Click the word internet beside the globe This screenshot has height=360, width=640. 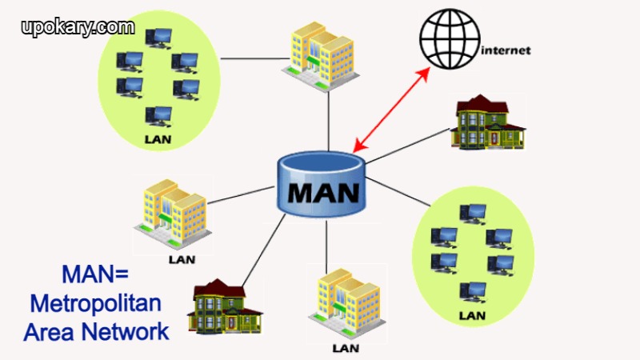pos(507,50)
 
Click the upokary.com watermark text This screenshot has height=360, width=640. pos(78,26)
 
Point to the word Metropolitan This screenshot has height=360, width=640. pos(95,303)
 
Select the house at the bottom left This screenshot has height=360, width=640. pos(224,306)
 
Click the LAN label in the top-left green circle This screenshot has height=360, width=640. pos(158,138)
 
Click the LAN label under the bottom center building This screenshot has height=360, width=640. pos(346,348)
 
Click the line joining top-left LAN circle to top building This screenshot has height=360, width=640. pos(248,58)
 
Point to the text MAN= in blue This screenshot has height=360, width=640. pos(94,275)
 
